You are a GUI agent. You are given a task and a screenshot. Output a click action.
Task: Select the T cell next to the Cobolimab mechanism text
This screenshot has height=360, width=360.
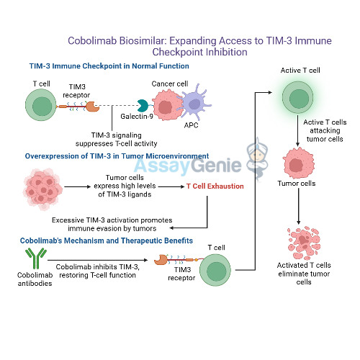click(x=215, y=272)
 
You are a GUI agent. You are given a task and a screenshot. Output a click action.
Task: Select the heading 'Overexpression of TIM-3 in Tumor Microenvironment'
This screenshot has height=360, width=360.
click(x=117, y=156)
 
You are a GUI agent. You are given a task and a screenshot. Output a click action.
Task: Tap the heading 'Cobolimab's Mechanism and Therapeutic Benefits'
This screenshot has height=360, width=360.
click(x=107, y=240)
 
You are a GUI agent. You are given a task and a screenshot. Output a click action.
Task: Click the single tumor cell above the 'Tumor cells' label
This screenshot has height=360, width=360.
click(x=297, y=161)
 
